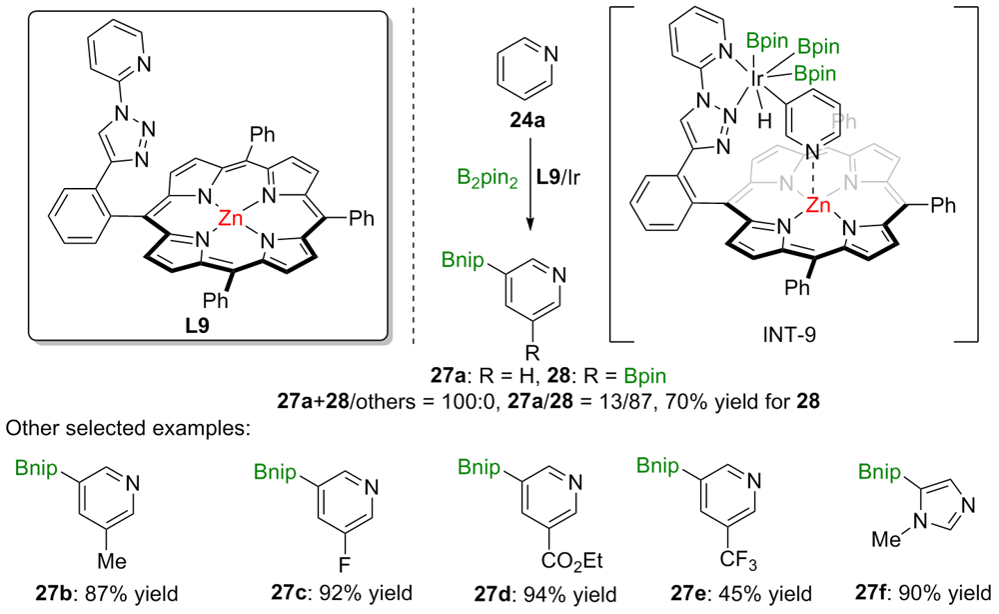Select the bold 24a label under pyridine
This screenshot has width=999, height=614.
[524, 126]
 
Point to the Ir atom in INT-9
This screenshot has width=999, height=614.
[758, 75]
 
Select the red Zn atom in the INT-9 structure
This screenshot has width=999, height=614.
[818, 207]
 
